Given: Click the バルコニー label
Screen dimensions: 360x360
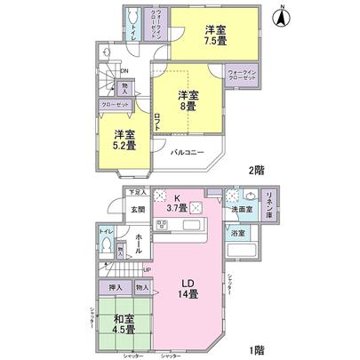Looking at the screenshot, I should pyautogui.click(x=188, y=152).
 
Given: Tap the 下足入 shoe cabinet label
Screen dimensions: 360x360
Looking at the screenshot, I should pyautogui.click(x=136, y=191).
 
